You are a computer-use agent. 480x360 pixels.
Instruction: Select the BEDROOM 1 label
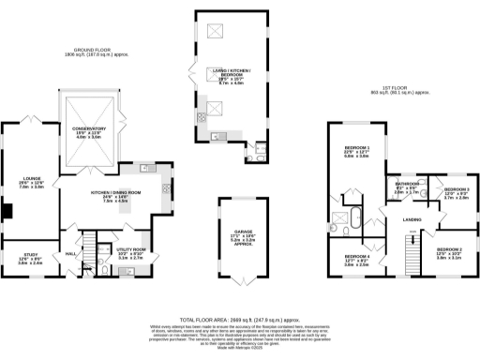click(356, 149)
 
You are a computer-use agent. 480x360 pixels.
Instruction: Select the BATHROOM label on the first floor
click(407, 184)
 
